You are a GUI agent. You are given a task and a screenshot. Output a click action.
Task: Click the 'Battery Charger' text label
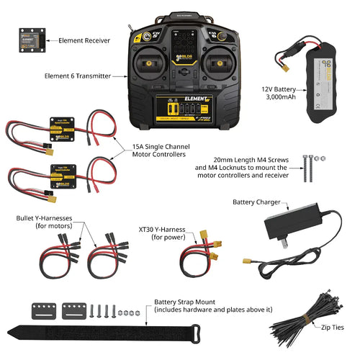[x=257, y=203]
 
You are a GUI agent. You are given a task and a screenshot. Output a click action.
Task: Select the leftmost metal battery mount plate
[x=45, y=311]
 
